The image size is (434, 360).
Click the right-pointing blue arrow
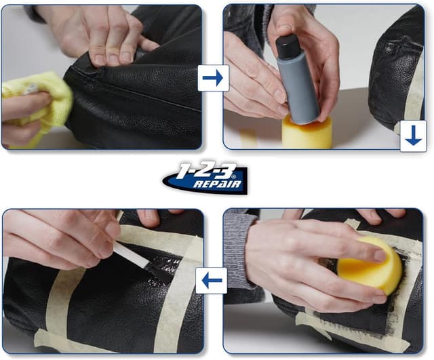coord(212,78)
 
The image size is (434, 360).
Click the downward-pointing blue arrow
coord(413,136)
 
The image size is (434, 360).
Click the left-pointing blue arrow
coord(212,280)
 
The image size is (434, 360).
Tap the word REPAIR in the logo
coord(218,184)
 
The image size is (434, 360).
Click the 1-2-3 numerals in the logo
coord(206,171)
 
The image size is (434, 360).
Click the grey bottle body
coord(298,88)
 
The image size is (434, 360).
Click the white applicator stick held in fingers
coord(131,254)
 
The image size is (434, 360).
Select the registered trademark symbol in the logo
coord(234,176)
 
